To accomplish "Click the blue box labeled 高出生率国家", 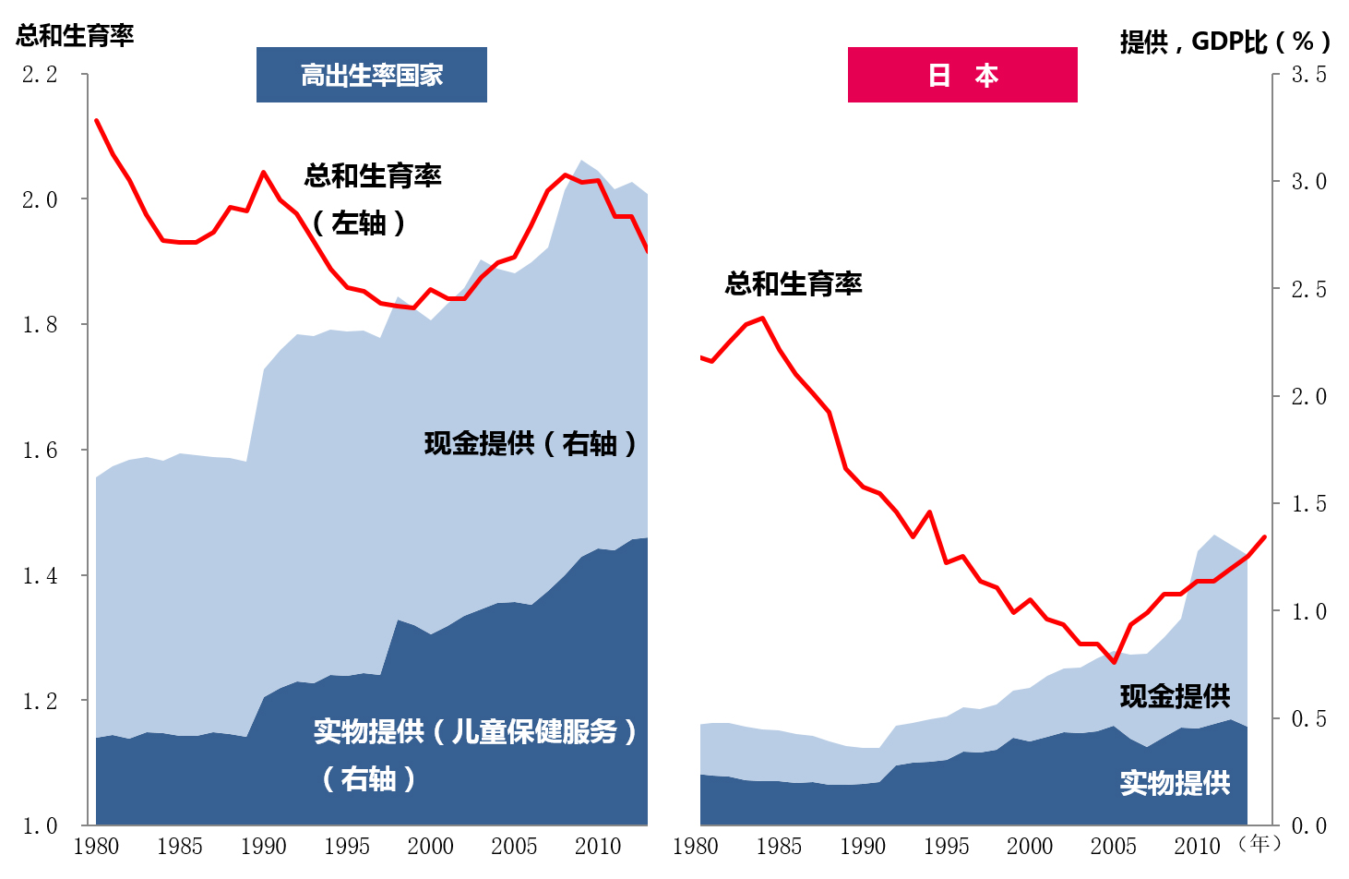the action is pos(372,75).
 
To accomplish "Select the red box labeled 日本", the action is pos(962,75).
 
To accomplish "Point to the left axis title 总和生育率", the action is pos(75,35).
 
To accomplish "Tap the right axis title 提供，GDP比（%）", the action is pos(1225,42).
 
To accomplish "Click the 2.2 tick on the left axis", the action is pos(40,75).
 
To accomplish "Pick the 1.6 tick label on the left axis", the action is pos(40,450).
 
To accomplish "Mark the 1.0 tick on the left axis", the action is pos(40,826).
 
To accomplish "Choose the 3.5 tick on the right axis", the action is pos(1309,75).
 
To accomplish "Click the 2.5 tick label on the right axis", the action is pos(1309,290).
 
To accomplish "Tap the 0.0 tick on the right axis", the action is pos(1309,826).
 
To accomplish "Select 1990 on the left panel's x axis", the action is pos(263,847).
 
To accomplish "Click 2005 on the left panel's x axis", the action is pos(514,847).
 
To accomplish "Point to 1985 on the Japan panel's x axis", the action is pos(779,847).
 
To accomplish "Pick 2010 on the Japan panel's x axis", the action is pos(1197,847).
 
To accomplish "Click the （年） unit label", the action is pos(1259,844).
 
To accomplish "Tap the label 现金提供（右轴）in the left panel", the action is pos(531,444).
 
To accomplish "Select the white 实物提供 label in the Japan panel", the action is pos(1175,784).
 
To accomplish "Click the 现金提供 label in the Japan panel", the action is pos(1175,696).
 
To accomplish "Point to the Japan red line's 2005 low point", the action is pos(1114,662).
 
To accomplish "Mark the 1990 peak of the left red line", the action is pos(263,173).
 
